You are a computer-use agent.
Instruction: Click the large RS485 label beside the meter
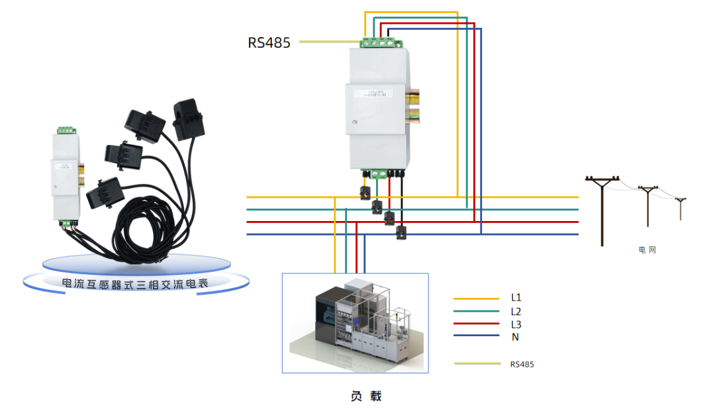pyautogui.click(x=269, y=43)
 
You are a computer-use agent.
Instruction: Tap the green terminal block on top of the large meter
pyautogui.click(x=381, y=43)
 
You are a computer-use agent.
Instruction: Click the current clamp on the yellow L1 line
pyautogui.click(x=365, y=193)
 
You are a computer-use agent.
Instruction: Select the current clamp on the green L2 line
pyautogui.click(x=377, y=206)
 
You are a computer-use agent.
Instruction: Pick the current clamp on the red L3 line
pyautogui.click(x=389, y=218)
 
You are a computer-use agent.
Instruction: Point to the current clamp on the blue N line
pyautogui.click(x=401, y=232)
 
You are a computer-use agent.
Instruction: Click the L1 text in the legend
pyautogui.click(x=516, y=298)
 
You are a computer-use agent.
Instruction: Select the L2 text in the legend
pyautogui.click(x=516, y=311)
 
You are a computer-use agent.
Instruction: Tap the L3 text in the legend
pyautogui.click(x=516, y=324)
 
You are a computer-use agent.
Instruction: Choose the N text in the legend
pyautogui.click(x=514, y=337)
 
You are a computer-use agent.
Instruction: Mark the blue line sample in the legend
pyautogui.click(x=476, y=336)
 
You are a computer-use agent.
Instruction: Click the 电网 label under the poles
pyautogui.click(x=647, y=250)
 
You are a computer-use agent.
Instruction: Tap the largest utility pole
pyautogui.click(x=602, y=208)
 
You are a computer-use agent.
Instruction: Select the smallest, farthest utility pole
pyautogui.click(x=681, y=208)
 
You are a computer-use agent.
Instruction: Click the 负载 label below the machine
pyautogui.click(x=366, y=396)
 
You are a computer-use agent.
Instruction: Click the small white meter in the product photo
pyautogui.click(x=66, y=175)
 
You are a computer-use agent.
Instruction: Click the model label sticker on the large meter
pyautogui.click(x=375, y=94)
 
